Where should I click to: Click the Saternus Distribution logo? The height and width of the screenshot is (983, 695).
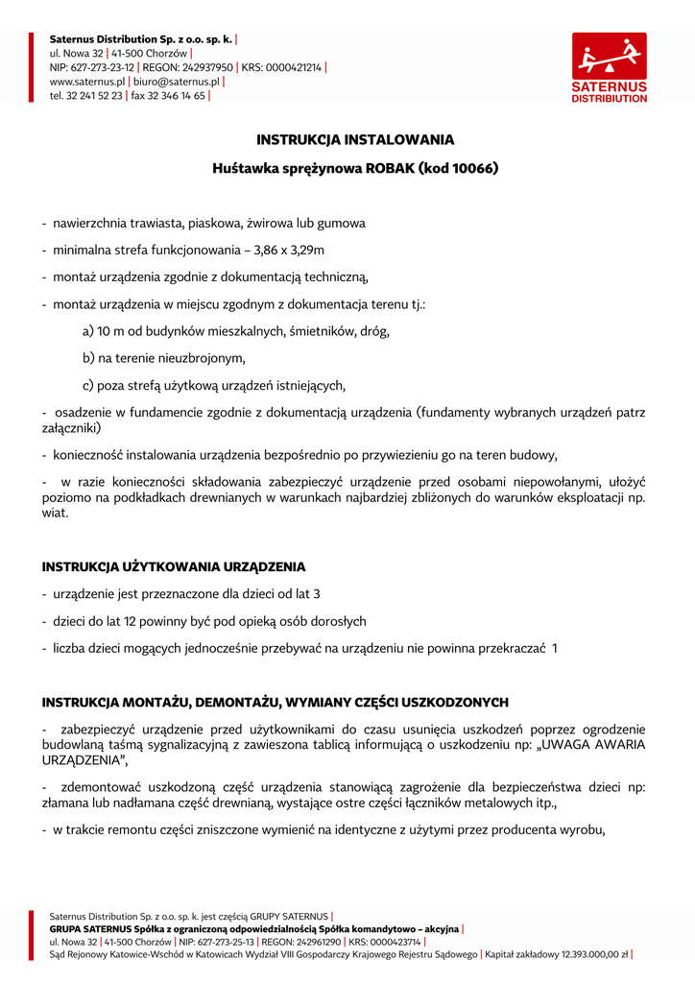tap(610, 67)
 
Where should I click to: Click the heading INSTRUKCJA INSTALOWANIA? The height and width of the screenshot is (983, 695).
tap(355, 139)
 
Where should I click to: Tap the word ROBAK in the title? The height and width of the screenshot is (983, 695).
tap(391, 168)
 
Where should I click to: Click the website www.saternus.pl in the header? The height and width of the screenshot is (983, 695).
tap(87, 82)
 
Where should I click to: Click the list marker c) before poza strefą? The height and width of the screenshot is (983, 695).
tap(87, 385)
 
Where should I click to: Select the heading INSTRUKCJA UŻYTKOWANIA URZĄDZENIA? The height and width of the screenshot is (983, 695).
tap(174, 566)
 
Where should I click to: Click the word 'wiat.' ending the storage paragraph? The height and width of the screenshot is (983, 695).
tap(56, 513)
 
